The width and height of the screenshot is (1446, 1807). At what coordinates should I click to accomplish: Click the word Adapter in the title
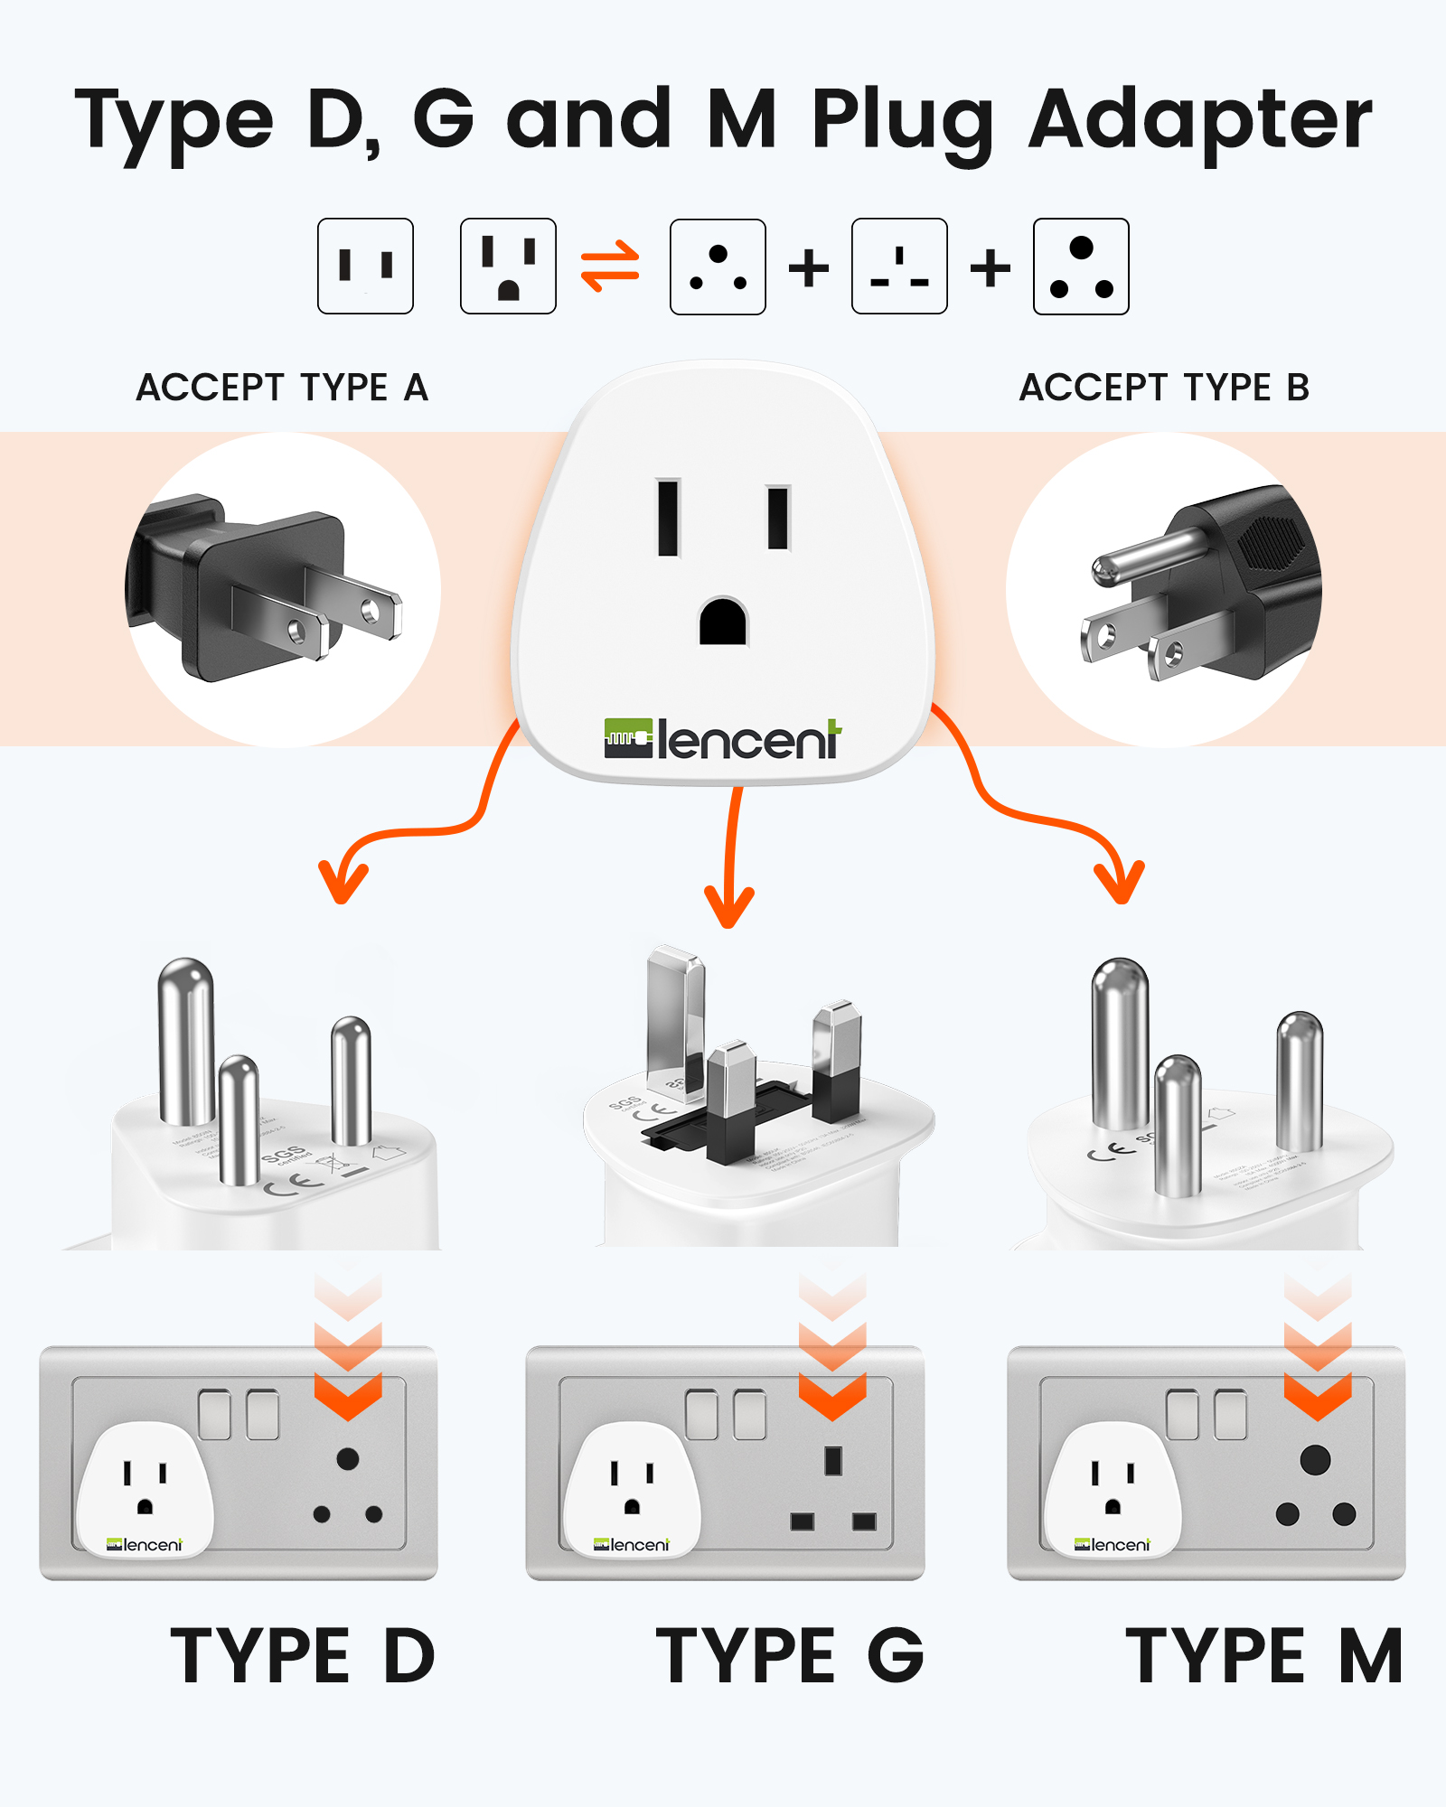pyautogui.click(x=1200, y=122)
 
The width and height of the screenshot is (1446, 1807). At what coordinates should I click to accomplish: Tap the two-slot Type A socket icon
pyautogui.click(x=365, y=267)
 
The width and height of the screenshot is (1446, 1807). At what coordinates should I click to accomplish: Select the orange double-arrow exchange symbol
pyautogui.click(x=610, y=267)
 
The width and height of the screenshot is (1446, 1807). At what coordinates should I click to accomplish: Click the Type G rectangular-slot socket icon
pyautogui.click(x=899, y=267)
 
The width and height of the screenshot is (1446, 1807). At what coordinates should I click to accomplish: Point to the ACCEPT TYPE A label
pyautogui.click(x=282, y=388)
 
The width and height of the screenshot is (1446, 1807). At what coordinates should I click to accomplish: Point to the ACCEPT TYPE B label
pyautogui.click(x=1164, y=388)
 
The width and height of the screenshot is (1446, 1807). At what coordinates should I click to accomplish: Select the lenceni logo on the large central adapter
pyautogui.click(x=723, y=739)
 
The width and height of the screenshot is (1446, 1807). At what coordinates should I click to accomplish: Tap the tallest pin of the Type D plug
pyautogui.click(x=185, y=1039)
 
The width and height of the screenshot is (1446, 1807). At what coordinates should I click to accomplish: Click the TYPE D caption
pyautogui.click(x=303, y=1655)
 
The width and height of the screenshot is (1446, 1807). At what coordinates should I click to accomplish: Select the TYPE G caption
pyautogui.click(x=790, y=1655)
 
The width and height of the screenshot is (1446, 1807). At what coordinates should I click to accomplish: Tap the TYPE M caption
pyautogui.click(x=1263, y=1655)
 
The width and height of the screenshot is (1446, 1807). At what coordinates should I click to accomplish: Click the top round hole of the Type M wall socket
pyautogui.click(x=1315, y=1459)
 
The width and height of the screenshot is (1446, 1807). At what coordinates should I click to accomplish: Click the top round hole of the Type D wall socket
pyautogui.click(x=348, y=1458)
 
